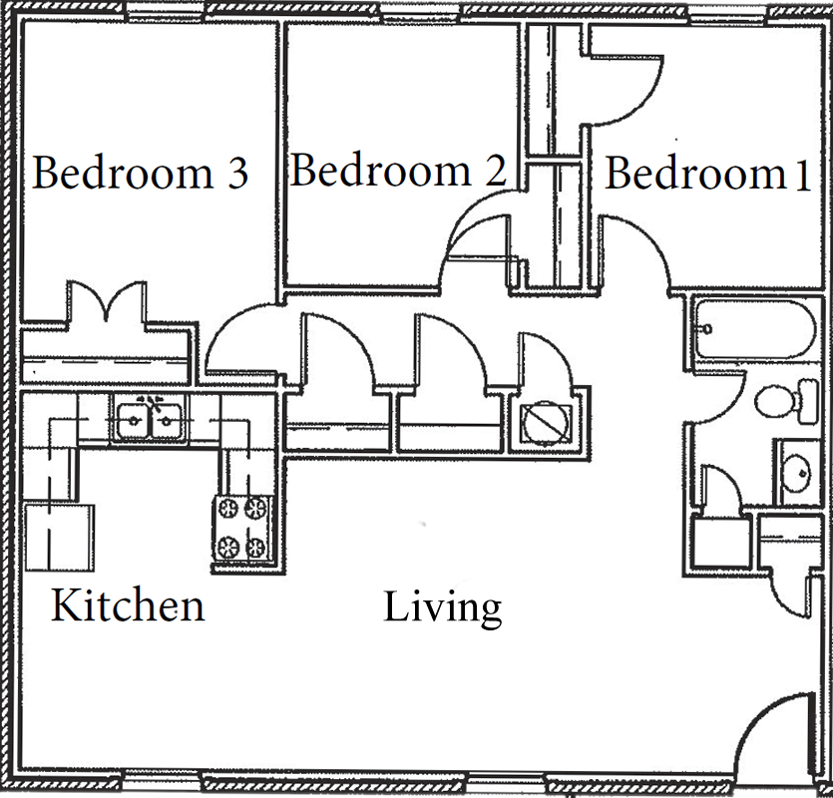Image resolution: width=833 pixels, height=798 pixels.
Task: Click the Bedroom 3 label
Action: pyautogui.click(x=141, y=173)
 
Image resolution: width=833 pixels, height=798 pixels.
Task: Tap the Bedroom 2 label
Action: pyautogui.click(x=398, y=170)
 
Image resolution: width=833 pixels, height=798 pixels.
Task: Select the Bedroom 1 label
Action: pyautogui.click(x=707, y=174)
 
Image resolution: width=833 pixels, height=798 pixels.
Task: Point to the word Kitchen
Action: pyautogui.click(x=128, y=605)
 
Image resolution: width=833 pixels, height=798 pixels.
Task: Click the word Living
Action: pyautogui.click(x=443, y=608)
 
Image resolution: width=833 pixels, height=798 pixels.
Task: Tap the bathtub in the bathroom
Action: pyautogui.click(x=754, y=328)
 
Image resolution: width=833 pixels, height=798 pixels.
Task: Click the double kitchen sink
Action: pyautogui.click(x=150, y=421)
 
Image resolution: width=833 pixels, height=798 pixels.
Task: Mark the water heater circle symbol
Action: pyautogui.click(x=546, y=424)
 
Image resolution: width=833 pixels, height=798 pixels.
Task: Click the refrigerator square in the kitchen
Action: pyautogui.click(x=60, y=538)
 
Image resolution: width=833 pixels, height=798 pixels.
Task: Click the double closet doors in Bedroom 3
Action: pyautogui.click(x=107, y=300)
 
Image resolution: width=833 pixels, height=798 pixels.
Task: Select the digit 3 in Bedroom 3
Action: pyautogui.click(x=237, y=174)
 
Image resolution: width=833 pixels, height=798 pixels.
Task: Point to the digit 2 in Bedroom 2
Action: pyautogui.click(x=496, y=171)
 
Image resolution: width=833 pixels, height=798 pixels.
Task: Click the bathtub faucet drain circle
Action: pyautogui.click(x=706, y=329)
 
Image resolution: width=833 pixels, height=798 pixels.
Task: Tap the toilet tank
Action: pyautogui.click(x=809, y=401)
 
